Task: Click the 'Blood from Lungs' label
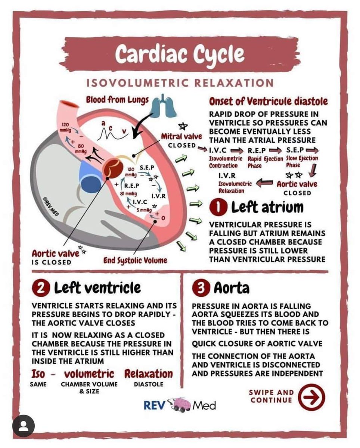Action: [x=117, y=100]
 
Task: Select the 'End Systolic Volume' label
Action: [x=135, y=260]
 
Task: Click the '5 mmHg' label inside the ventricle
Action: [x=143, y=210]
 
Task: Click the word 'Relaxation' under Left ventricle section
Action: [x=148, y=374]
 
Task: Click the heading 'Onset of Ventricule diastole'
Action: [x=269, y=101]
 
